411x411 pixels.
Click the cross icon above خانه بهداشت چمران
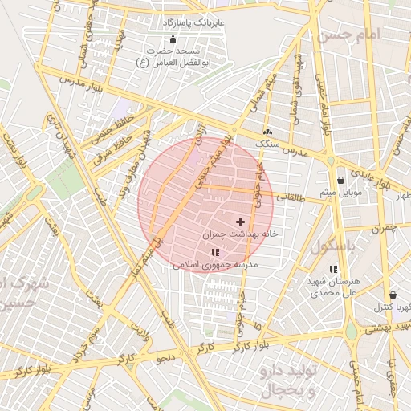pyautogui.click(x=240, y=221)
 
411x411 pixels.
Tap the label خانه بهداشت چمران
pyautogui.click(x=242, y=234)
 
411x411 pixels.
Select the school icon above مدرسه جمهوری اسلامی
pyautogui.click(x=214, y=253)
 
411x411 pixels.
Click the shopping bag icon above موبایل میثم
pyautogui.click(x=343, y=180)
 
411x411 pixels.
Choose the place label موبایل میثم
pyautogui.click(x=343, y=193)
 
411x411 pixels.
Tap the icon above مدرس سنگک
pyautogui.click(x=267, y=132)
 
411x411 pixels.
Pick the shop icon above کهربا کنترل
pyautogui.click(x=392, y=295)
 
